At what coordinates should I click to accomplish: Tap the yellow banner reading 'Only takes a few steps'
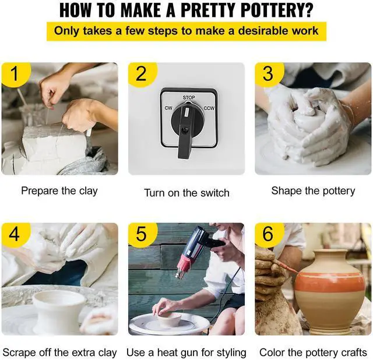(186, 31)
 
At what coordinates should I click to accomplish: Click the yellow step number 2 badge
(142, 74)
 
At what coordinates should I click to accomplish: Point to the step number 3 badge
(269, 74)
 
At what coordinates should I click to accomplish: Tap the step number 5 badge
(142, 234)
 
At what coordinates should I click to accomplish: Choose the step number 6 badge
(269, 234)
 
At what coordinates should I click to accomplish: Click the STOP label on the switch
(189, 97)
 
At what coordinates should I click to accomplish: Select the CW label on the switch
(168, 108)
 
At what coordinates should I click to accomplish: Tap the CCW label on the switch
(209, 108)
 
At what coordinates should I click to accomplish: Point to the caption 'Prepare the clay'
(59, 191)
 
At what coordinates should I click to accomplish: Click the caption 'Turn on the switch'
(186, 193)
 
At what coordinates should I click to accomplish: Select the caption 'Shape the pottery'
(313, 191)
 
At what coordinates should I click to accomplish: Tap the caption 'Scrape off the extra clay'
(59, 352)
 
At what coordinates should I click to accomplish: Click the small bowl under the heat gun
(170, 319)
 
